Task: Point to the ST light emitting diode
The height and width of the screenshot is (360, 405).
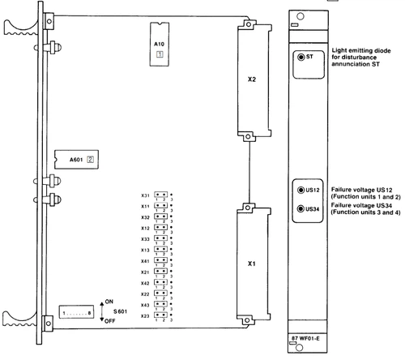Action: pyautogui.click(x=301, y=58)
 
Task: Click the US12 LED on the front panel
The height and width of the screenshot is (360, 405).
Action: pyautogui.click(x=300, y=190)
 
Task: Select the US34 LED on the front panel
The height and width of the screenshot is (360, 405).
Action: pyautogui.click(x=300, y=209)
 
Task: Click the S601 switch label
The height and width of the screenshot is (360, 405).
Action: pyautogui.click(x=118, y=311)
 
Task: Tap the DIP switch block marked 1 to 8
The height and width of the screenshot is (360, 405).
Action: pyautogui.click(x=78, y=312)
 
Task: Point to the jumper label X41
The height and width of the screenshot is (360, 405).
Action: pyautogui.click(x=144, y=260)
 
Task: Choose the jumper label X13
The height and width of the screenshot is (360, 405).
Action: pyautogui.click(x=144, y=250)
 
